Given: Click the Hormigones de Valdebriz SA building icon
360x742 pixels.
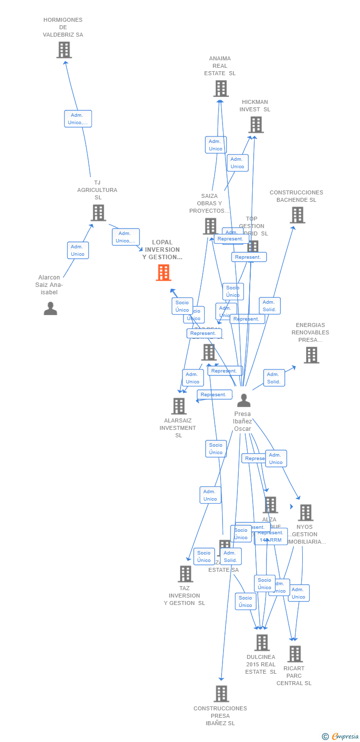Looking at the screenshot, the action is point(64,50).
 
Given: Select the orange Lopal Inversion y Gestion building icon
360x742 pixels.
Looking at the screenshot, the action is point(164,273).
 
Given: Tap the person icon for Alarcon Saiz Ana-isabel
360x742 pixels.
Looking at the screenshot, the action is point(50,309).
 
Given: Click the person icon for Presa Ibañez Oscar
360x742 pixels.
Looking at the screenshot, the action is point(244,400).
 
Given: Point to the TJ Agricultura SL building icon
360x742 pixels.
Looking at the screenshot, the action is point(98,213).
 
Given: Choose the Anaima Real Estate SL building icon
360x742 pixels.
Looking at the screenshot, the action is point(221,89).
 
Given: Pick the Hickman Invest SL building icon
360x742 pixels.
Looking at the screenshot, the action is point(256,125).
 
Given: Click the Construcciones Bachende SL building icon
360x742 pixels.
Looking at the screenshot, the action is point(297,215).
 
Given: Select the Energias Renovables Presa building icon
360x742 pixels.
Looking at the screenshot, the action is point(311,355).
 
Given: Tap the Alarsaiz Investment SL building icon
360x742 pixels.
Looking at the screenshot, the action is point(179,406).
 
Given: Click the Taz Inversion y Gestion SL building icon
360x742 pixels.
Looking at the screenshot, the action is point(185,574).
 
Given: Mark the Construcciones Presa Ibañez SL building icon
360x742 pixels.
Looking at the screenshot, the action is point(221,694).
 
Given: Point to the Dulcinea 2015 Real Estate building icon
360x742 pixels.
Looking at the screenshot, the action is point(262,643).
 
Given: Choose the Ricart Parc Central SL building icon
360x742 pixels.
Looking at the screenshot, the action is point(295,654).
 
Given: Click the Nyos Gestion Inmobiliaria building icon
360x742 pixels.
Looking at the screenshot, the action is point(306,512).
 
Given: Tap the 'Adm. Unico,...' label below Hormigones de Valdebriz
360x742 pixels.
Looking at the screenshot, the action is point(78,119).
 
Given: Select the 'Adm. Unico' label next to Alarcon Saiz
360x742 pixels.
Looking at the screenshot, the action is point(78,250).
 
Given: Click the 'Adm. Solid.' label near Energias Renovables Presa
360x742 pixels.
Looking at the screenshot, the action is point(274,378).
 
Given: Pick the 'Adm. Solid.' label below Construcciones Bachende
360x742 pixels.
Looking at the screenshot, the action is point(270,306).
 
